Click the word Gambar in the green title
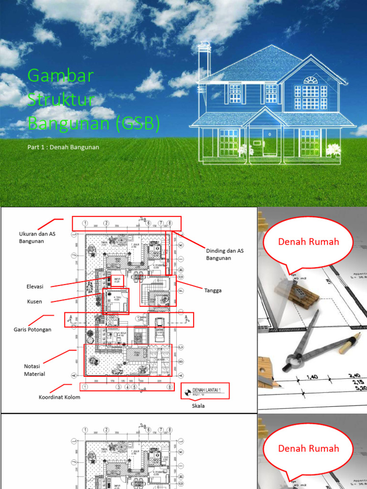(x=60, y=76)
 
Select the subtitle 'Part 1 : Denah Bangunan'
(x=63, y=147)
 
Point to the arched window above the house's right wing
(x=311, y=80)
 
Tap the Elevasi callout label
(x=35, y=287)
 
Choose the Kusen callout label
(x=34, y=302)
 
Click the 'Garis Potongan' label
(x=32, y=330)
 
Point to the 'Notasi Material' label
(x=34, y=370)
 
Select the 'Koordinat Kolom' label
(x=59, y=397)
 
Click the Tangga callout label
(x=213, y=290)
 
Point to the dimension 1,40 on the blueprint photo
(x=312, y=377)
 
